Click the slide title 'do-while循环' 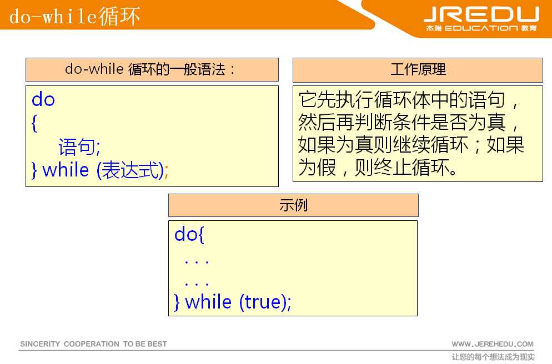[x=74, y=16]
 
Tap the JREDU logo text [x=481, y=14]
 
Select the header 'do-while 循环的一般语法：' [x=151, y=69]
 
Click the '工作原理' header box [x=418, y=70]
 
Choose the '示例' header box [x=293, y=205]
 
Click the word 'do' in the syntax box [x=43, y=100]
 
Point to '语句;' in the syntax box [x=79, y=147]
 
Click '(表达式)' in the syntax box [x=130, y=170]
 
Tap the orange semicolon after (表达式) [x=166, y=171]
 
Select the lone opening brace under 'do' [x=34, y=124]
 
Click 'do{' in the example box [x=189, y=235]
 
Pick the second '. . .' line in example [x=197, y=283]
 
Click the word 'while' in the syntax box [x=66, y=170]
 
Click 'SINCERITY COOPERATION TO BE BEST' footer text [x=93, y=344]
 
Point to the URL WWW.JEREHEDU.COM [x=492, y=344]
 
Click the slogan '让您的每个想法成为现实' [x=493, y=357]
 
